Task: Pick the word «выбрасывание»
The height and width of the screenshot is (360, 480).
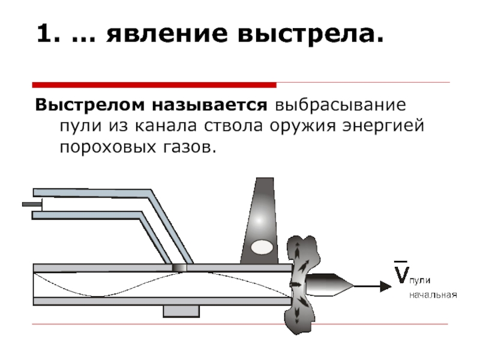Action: (x=340, y=106)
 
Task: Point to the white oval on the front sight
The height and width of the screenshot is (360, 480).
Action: (x=262, y=246)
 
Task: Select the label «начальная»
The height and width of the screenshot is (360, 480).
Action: (x=433, y=295)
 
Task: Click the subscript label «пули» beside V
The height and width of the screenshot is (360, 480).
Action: (x=420, y=281)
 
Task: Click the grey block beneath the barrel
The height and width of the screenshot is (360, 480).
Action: (x=181, y=311)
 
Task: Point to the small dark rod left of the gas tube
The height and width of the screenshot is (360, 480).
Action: (x=31, y=205)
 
